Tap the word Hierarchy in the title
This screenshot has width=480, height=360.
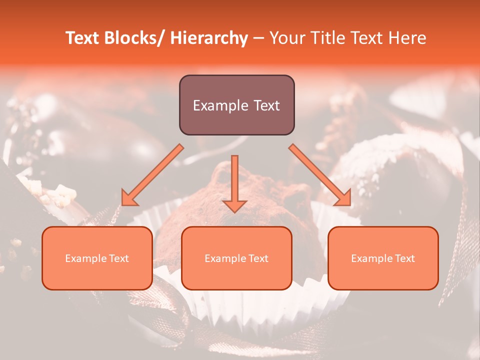pos(209,38)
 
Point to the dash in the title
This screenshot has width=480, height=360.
pos(258,38)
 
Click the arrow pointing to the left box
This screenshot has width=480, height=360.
pos(152,175)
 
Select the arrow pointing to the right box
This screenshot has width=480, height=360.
pos(320,175)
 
